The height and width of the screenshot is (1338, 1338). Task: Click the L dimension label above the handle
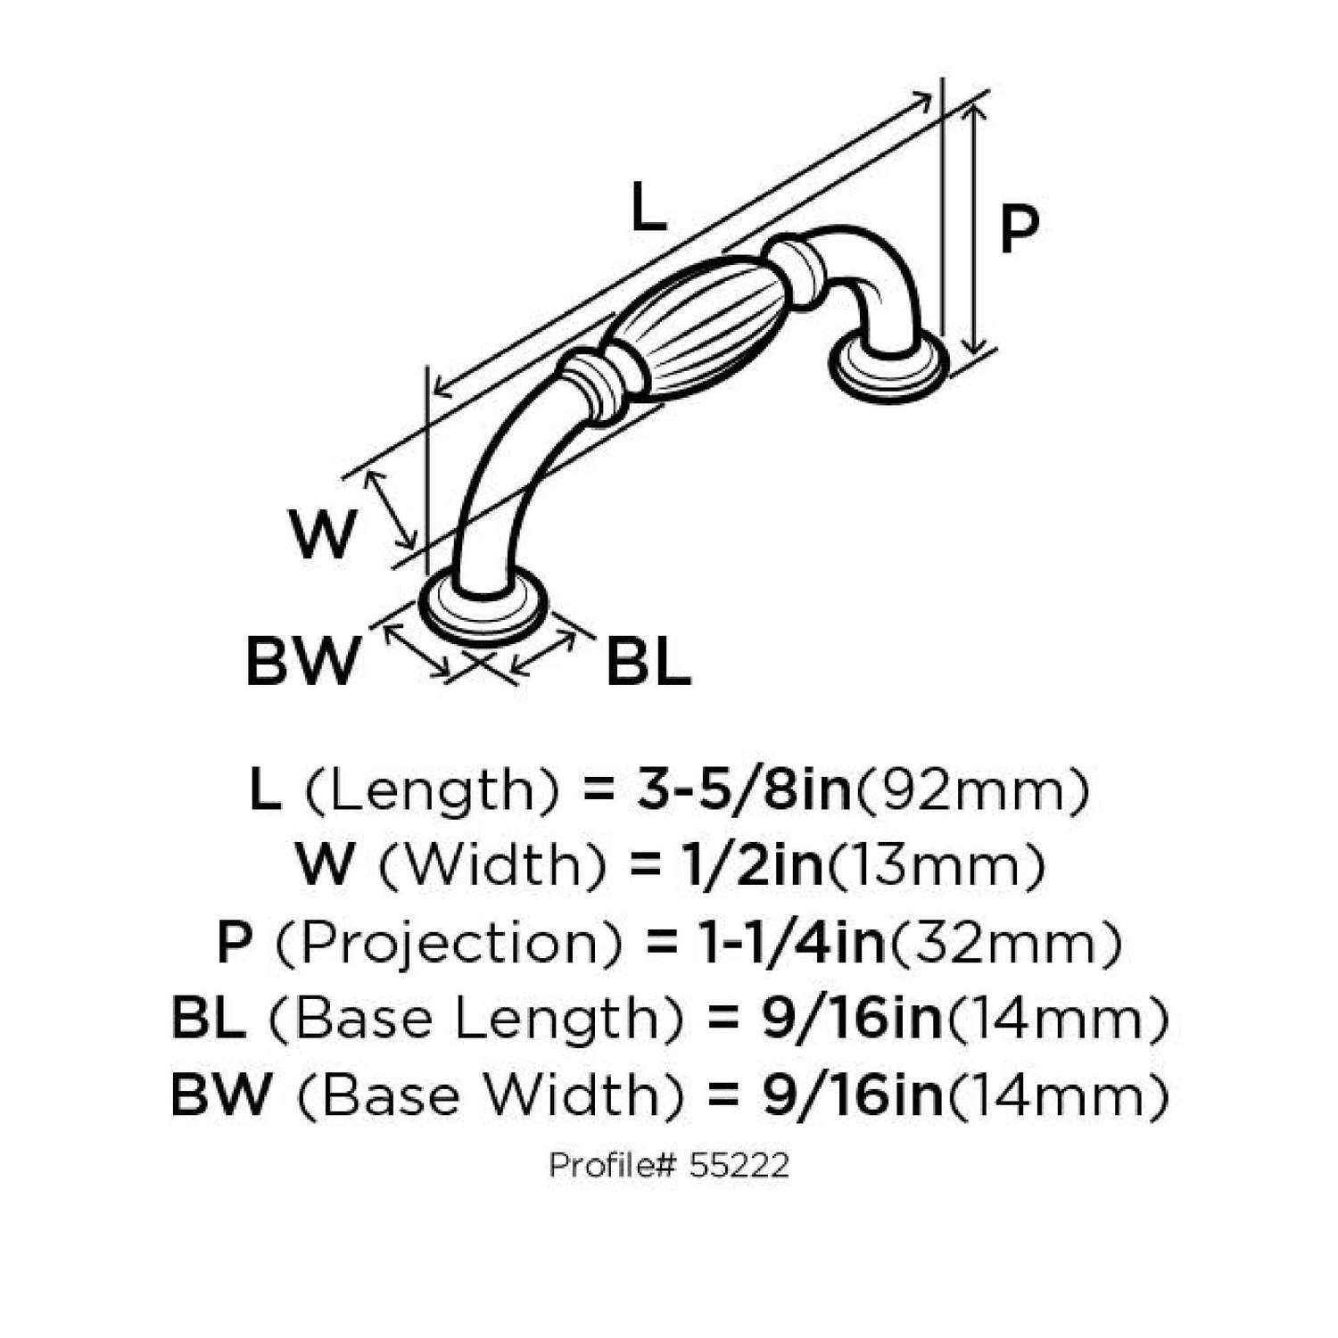[x=648, y=207]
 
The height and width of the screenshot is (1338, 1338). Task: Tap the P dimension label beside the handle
[x=1019, y=228]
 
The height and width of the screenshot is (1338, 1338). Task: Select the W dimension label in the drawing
[x=322, y=533]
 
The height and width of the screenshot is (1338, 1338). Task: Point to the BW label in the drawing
[x=301, y=661]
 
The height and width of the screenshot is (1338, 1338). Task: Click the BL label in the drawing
[x=648, y=662]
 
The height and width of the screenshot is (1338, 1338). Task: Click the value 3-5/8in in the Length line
[x=745, y=790]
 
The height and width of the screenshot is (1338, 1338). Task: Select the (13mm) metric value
[x=937, y=865]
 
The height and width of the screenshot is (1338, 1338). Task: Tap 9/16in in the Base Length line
[x=852, y=1019]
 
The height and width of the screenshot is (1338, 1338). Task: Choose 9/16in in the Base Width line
[x=852, y=1094]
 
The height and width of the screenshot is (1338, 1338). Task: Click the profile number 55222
[x=739, y=1165]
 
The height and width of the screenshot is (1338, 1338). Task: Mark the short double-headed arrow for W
[x=392, y=509]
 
